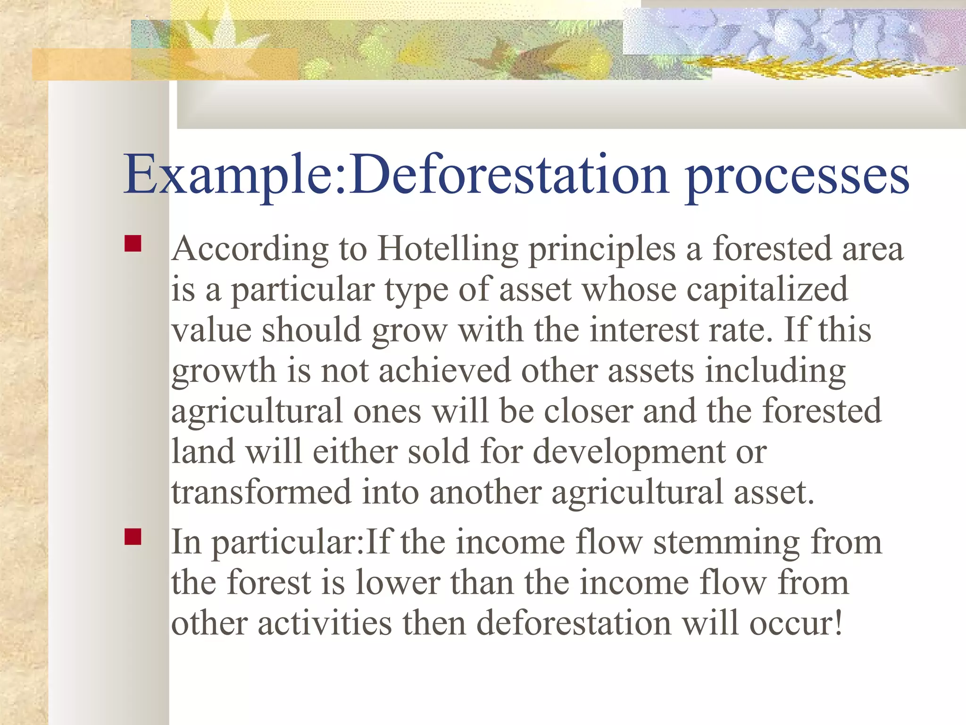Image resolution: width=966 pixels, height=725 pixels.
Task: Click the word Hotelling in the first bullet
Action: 447,249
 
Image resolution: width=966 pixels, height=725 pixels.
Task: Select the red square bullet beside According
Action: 133,244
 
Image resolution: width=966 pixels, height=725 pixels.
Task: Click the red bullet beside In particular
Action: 133,537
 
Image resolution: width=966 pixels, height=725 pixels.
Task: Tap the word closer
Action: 588,411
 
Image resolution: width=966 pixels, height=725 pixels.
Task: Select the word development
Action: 629,452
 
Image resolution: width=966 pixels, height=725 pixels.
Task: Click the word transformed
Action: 261,492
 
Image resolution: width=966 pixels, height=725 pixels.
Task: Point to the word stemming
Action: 726,542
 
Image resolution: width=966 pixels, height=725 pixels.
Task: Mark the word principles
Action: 602,249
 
